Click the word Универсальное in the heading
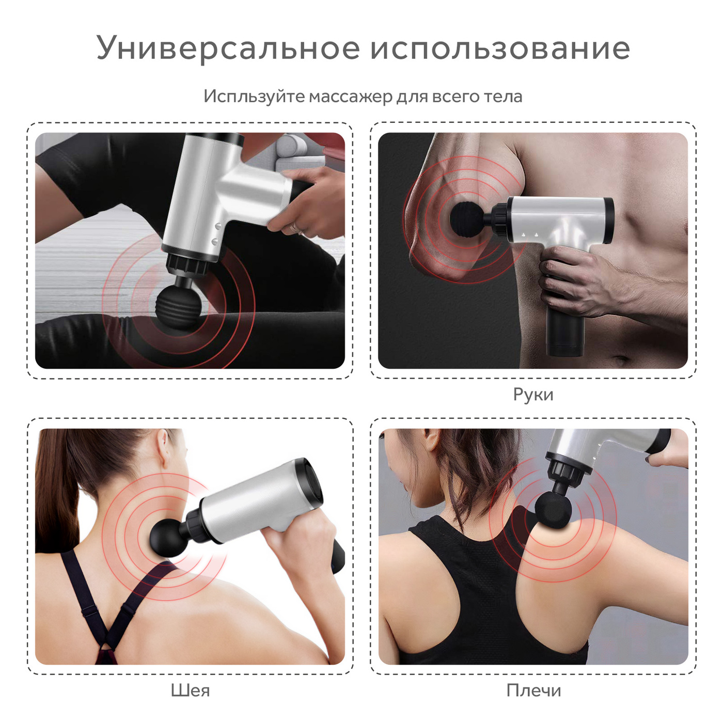click(x=228, y=48)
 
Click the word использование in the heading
click(x=500, y=48)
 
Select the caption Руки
click(x=533, y=395)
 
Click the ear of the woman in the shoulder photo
click(x=433, y=439)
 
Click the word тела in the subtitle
click(x=503, y=97)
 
